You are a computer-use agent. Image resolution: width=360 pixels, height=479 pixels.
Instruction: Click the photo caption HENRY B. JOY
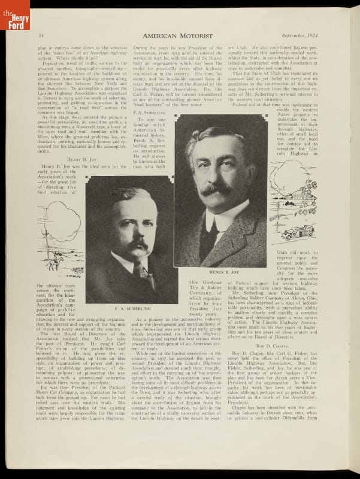pyautogui.click(x=220, y=272)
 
